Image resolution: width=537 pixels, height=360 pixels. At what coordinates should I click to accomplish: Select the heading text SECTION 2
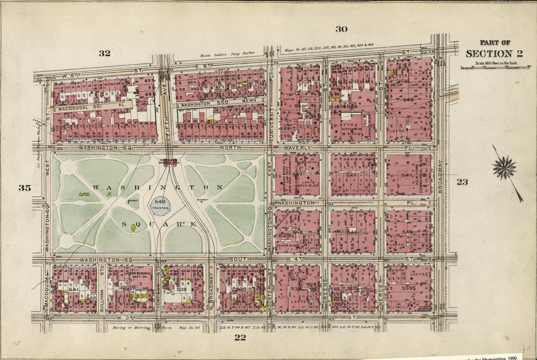pyautogui.click(x=487, y=54)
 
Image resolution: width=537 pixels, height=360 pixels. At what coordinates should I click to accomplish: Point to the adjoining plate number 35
pyautogui.click(x=25, y=188)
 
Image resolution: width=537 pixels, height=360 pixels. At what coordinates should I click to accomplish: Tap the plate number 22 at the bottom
pyautogui.click(x=240, y=337)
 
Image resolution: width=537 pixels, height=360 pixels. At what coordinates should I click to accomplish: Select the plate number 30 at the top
pyautogui.click(x=341, y=29)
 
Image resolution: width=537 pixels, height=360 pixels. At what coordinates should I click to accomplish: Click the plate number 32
pyautogui.click(x=105, y=52)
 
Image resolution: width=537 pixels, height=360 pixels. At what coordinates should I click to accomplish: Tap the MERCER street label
pyautogui.click(x=380, y=289)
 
